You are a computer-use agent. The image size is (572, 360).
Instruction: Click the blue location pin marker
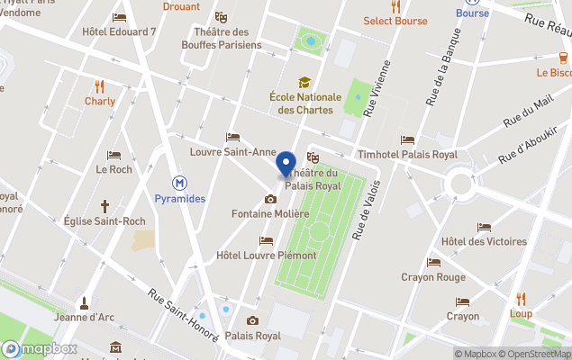click(x=286, y=165)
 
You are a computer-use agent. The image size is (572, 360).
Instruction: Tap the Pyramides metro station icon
click(x=179, y=183)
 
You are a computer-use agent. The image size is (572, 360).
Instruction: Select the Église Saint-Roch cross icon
click(x=104, y=206)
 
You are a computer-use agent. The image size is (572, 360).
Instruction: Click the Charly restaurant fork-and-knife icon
click(x=100, y=86)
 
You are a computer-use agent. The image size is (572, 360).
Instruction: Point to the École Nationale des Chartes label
click(x=305, y=103)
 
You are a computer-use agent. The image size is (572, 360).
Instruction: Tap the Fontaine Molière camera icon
click(x=270, y=199)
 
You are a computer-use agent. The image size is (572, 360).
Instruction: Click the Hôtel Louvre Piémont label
click(x=267, y=256)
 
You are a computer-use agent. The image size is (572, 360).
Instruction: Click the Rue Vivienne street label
click(x=378, y=90)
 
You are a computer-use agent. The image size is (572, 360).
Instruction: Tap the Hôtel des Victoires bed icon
click(x=485, y=227)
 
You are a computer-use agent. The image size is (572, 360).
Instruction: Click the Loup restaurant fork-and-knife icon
click(x=521, y=299)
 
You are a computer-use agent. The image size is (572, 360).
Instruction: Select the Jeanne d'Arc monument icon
click(x=84, y=301)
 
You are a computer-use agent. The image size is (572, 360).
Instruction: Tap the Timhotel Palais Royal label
click(x=407, y=154)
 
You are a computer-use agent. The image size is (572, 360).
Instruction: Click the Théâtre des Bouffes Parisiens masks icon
click(x=221, y=17)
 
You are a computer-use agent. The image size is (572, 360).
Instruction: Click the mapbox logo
click(x=39, y=349)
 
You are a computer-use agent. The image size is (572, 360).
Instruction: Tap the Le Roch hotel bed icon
click(x=113, y=155)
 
